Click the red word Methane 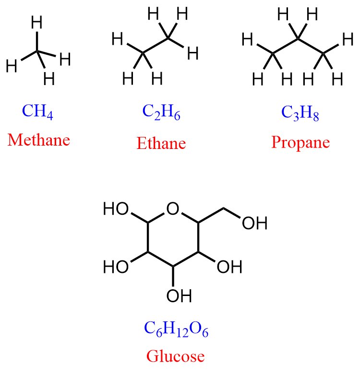coord(39,140)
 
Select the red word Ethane coord(161,143)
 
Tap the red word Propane coord(300,142)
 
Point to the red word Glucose coord(175,356)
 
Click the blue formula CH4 coord(37,111)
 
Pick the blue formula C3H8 coord(300,112)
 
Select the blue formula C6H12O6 coord(176,329)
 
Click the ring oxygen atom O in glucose coord(173,209)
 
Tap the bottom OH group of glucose coord(179,296)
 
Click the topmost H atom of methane coord(37,23)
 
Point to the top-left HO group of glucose coord(116,209)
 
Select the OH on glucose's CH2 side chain coord(254,223)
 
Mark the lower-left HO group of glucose coord(116,267)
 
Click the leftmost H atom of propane coord(247,39)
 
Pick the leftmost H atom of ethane coord(118,39)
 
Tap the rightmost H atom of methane coord(65,59)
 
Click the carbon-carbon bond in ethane coord(155,45)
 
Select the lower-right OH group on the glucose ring coord(229,267)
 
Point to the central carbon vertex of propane coord(298,38)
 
